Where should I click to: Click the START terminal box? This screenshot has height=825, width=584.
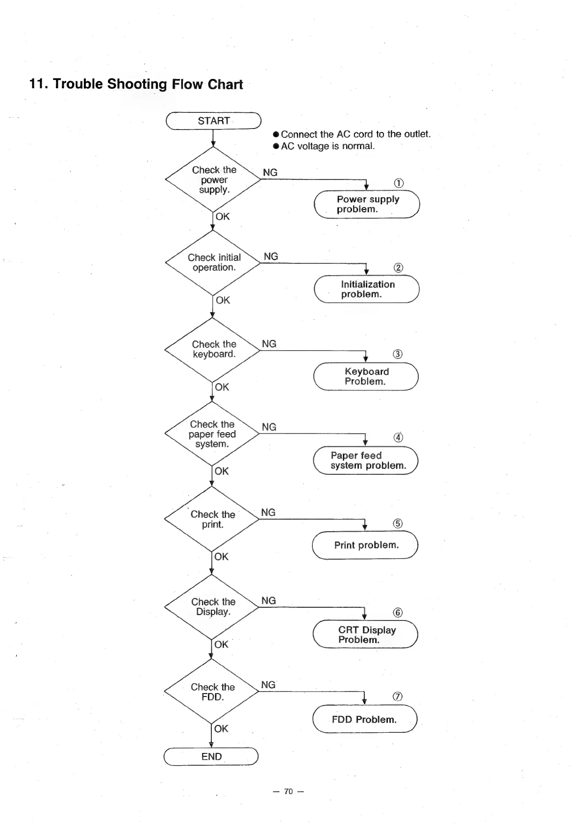pyautogui.click(x=213, y=121)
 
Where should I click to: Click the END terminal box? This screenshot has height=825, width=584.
pyautogui.click(x=211, y=756)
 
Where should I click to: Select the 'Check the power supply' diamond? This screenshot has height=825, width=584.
pyautogui.click(x=213, y=180)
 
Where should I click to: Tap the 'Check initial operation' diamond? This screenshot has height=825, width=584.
pyautogui.click(x=213, y=263)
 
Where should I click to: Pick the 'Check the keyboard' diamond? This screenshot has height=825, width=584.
pyautogui.click(x=213, y=350)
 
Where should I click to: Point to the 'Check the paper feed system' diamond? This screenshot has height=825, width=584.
pyautogui.click(x=212, y=434)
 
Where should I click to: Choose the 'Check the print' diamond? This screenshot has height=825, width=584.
pyautogui.click(x=212, y=519)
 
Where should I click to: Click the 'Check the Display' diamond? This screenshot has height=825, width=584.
pyautogui.click(x=212, y=607)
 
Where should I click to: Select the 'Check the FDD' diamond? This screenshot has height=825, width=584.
pyautogui.click(x=211, y=692)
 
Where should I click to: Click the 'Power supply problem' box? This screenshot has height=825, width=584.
pyautogui.click(x=367, y=204)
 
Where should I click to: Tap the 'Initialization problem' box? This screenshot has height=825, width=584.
pyautogui.click(x=367, y=289)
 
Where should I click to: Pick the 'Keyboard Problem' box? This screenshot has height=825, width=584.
pyautogui.click(x=366, y=376)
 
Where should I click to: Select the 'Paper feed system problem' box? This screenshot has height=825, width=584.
pyautogui.click(x=366, y=461)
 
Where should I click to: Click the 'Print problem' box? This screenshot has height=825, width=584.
pyautogui.click(x=365, y=545)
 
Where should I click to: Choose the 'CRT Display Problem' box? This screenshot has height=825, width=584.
pyautogui.click(x=365, y=635)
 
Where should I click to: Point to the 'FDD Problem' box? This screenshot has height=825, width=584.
pyautogui.click(x=365, y=719)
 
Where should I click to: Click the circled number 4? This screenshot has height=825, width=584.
pyautogui.click(x=399, y=438)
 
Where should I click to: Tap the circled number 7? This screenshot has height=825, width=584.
pyautogui.click(x=398, y=696)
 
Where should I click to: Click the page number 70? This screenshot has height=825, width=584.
pyautogui.click(x=288, y=791)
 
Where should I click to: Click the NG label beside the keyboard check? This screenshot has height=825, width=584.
pyautogui.click(x=269, y=344)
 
